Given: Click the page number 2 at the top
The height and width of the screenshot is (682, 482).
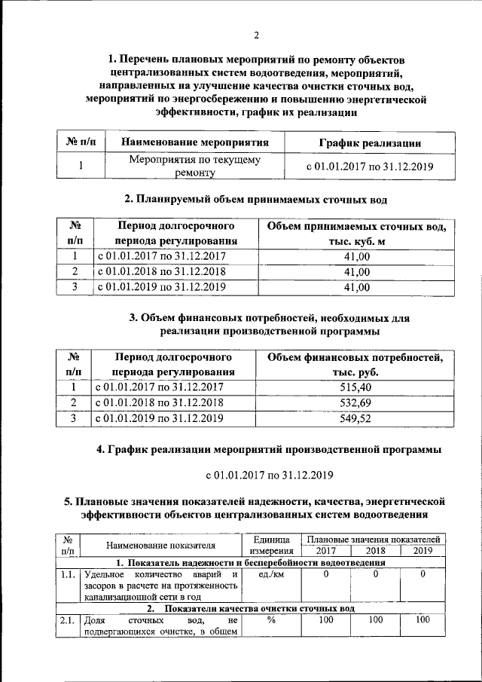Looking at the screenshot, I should tap(256, 35).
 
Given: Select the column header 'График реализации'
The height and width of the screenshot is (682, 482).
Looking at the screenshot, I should tap(369, 142).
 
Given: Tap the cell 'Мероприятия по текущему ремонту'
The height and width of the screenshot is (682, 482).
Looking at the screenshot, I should tap(194, 167).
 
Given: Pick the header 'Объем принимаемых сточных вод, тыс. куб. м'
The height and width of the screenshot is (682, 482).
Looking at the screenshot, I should tap(356, 234).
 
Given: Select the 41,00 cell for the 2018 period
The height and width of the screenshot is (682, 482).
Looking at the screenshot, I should tap(356, 271).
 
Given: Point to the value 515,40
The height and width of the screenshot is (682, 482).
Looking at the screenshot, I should tap(356, 387).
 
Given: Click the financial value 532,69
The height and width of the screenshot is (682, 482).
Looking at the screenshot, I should tap(356, 402).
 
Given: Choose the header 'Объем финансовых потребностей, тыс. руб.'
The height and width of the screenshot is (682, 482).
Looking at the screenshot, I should tap(356, 364).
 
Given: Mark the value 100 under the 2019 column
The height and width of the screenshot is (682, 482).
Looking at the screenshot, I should tap(423, 620).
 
